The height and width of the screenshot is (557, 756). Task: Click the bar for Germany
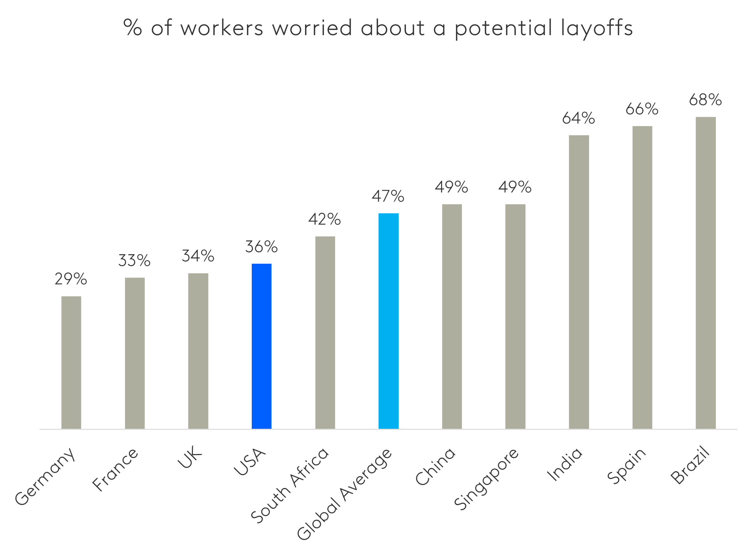(71, 362)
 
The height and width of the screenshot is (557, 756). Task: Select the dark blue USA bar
(262, 346)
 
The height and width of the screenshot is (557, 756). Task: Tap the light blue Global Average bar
(388, 321)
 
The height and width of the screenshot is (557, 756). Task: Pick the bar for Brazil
(706, 272)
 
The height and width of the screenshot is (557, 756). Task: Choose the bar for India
(579, 282)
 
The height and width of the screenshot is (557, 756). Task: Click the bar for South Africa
(325, 332)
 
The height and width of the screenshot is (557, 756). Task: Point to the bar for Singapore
(515, 316)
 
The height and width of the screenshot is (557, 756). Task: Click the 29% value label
(71, 279)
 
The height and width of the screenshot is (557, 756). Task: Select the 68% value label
(705, 100)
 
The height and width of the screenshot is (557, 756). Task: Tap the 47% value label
(388, 197)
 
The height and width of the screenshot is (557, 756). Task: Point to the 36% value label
(261, 247)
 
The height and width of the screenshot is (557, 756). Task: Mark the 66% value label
(642, 109)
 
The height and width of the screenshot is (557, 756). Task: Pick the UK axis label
(190, 458)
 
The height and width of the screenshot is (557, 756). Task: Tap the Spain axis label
(626, 466)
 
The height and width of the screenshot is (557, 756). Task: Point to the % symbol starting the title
(133, 28)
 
